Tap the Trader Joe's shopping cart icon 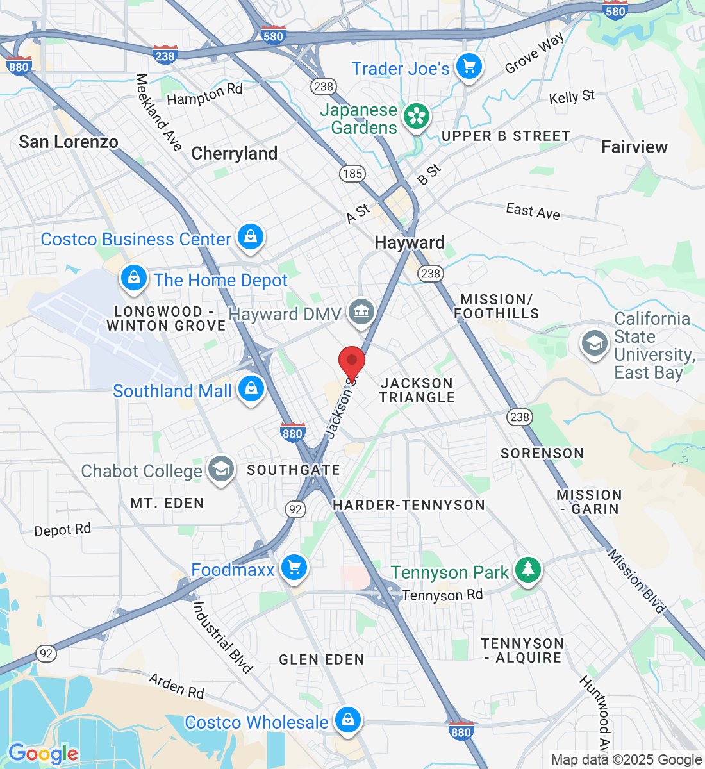tap(469, 67)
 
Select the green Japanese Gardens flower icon tap(417, 117)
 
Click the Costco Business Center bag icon tap(251, 237)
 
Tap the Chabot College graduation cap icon tap(220, 470)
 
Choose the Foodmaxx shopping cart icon tap(294, 568)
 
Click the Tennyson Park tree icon tap(527, 569)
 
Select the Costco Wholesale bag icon tap(347, 720)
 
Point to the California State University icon tap(594, 343)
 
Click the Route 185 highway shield tap(352, 173)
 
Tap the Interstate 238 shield tap(165, 56)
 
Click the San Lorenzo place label tap(69, 142)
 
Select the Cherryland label tap(235, 154)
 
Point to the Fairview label tap(634, 147)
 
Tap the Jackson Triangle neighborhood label tap(417, 390)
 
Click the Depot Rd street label tap(63, 530)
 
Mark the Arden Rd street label tap(176, 686)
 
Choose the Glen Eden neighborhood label tap(322, 659)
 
